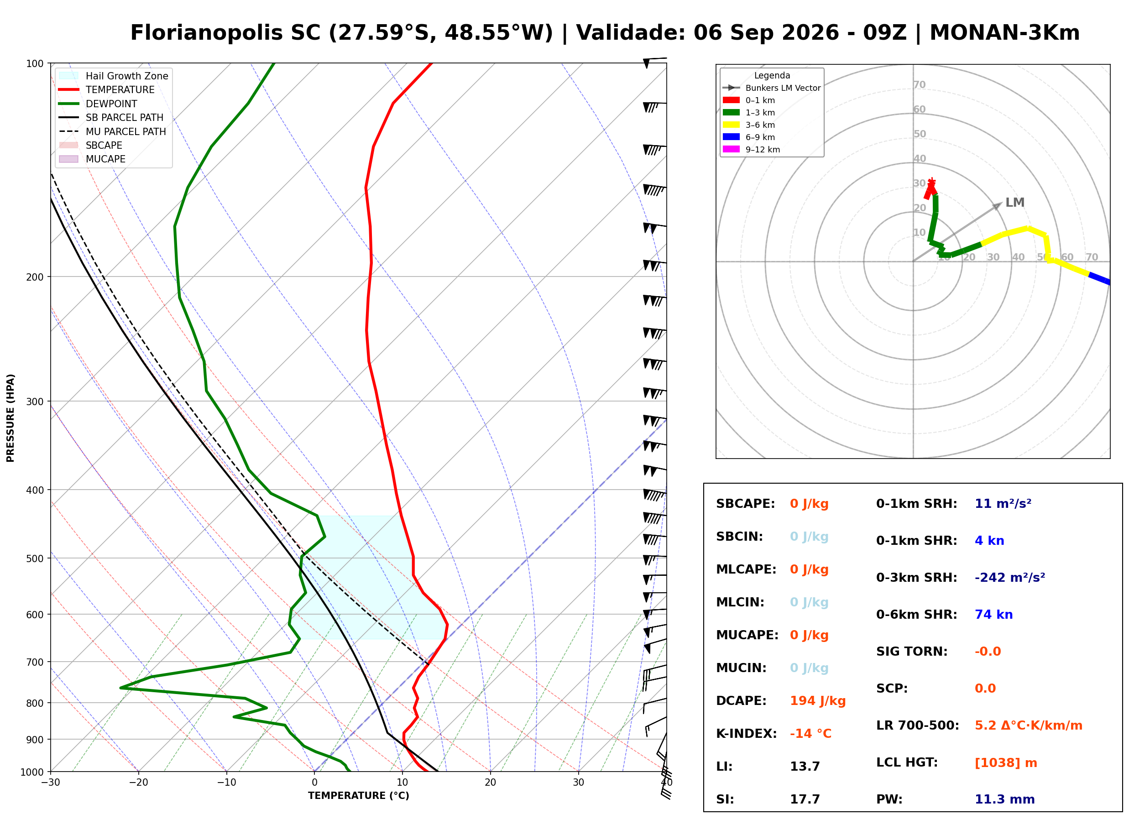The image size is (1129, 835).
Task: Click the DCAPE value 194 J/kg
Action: [817, 700]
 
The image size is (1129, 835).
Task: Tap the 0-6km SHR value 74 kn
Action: [993, 614]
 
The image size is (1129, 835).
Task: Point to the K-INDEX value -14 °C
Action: [810, 733]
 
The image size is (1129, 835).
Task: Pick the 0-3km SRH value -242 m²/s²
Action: [1010, 577]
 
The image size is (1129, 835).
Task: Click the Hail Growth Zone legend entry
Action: [114, 76]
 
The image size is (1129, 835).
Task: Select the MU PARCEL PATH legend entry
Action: [113, 131]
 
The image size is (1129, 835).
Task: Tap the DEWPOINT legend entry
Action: [98, 104]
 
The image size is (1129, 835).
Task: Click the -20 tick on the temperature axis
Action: [138, 783]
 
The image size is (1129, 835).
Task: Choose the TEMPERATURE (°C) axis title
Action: [358, 796]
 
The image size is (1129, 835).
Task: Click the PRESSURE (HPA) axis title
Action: [10, 418]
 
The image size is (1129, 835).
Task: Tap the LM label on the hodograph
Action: [1015, 202]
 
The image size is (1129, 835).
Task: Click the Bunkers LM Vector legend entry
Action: [772, 88]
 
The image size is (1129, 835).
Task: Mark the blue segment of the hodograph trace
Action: [1099, 278]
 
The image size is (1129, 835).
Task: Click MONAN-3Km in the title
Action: [1005, 33]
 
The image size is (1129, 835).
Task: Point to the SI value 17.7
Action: [805, 799]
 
